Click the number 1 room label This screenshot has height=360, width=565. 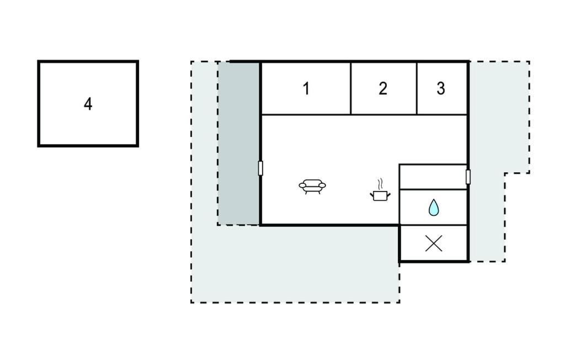coord(306,88)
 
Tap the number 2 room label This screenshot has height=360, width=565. coord(383,88)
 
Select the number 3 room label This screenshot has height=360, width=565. coord(441,88)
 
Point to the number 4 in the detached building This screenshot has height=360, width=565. coord(88,104)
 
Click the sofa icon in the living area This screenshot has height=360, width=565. coord(312,186)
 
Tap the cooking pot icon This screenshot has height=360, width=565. coord(379,195)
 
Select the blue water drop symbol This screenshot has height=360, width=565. coord(434,208)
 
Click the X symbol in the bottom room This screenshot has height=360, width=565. coord(434,243)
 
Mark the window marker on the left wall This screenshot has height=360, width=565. coord(260,168)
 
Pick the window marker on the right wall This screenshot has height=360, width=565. coord(468,177)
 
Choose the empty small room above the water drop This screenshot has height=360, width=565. coord(433,177)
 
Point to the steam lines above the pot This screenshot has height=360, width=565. coord(380,183)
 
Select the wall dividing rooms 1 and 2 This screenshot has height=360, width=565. coord(351,88)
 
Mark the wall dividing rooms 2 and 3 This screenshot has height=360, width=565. coord(417,88)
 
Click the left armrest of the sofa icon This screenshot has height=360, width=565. coord(302,186)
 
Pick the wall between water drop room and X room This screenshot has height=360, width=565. coord(433,225)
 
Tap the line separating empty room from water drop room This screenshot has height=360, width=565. coord(433,189)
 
